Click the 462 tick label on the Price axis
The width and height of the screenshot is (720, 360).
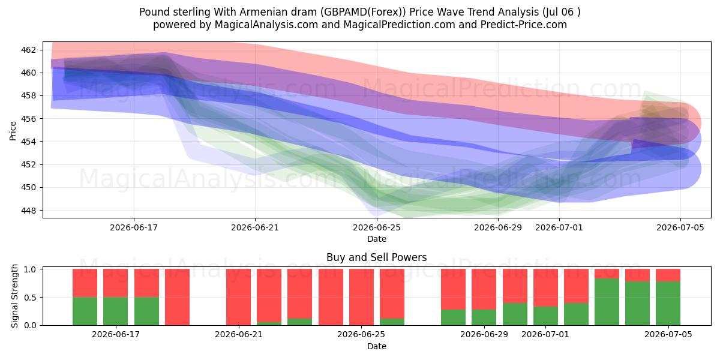click(28, 50)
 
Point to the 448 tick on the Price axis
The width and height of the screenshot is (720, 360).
click(28, 211)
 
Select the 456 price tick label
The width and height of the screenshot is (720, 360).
click(28, 119)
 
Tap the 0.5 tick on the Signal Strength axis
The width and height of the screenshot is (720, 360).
click(31, 298)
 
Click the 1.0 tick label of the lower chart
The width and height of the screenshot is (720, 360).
click(31, 269)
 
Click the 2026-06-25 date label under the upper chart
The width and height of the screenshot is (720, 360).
click(377, 227)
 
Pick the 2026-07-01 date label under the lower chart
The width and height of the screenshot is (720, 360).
click(545, 334)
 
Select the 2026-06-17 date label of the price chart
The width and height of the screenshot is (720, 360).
click(134, 227)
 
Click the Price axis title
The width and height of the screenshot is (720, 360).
click(13, 131)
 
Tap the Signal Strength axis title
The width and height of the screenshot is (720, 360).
click(14, 296)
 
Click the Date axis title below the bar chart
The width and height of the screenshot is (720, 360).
click(377, 346)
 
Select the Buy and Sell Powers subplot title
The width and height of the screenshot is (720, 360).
click(377, 257)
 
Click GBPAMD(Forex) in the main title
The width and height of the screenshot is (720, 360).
click(365, 12)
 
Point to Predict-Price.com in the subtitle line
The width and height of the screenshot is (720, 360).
click(524, 25)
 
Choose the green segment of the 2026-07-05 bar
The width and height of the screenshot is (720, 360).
click(668, 304)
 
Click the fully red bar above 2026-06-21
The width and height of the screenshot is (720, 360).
click(239, 297)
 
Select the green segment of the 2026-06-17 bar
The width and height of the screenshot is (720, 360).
click(115, 311)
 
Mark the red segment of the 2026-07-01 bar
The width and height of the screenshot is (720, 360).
click(545, 287)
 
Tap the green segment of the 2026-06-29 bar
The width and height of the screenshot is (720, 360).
click(484, 317)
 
